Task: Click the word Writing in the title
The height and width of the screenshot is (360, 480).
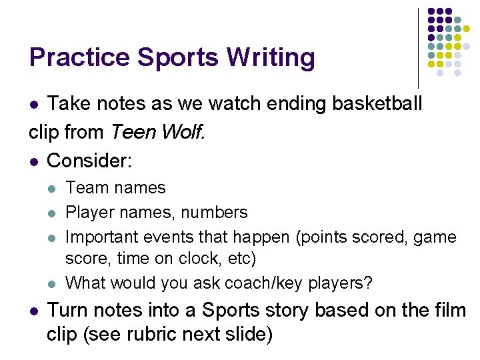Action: click(x=270, y=58)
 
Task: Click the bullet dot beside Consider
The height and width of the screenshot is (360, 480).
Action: click(x=34, y=161)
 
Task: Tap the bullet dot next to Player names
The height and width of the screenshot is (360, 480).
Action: click(x=53, y=213)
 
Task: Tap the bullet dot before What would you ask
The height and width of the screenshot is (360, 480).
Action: click(x=53, y=283)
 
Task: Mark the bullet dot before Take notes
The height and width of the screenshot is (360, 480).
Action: click(x=34, y=105)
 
